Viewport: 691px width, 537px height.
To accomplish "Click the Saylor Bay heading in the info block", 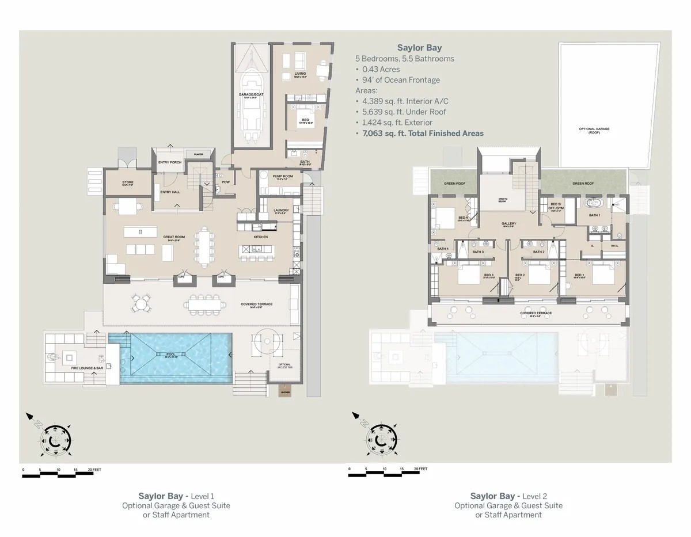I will (x=420, y=48).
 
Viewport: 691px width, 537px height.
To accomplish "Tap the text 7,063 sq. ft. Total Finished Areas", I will (x=423, y=133).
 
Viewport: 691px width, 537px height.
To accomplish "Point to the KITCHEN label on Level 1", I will (x=261, y=237).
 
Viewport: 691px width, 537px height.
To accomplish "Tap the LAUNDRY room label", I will (x=282, y=210).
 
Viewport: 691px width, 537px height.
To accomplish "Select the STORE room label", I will (x=128, y=183).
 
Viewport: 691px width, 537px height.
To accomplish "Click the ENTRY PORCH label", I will (x=170, y=162).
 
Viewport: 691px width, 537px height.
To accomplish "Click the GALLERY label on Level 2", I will (x=508, y=223).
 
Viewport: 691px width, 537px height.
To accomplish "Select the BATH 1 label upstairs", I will (x=594, y=215).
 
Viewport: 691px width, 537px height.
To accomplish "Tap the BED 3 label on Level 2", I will (x=488, y=275).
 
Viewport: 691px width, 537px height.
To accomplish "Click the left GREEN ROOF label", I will (x=454, y=184).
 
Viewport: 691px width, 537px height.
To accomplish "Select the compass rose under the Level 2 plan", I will (x=381, y=439).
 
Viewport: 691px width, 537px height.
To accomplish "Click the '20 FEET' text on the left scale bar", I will (x=94, y=470).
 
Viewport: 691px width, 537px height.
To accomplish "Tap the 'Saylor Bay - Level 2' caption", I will (x=508, y=496).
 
